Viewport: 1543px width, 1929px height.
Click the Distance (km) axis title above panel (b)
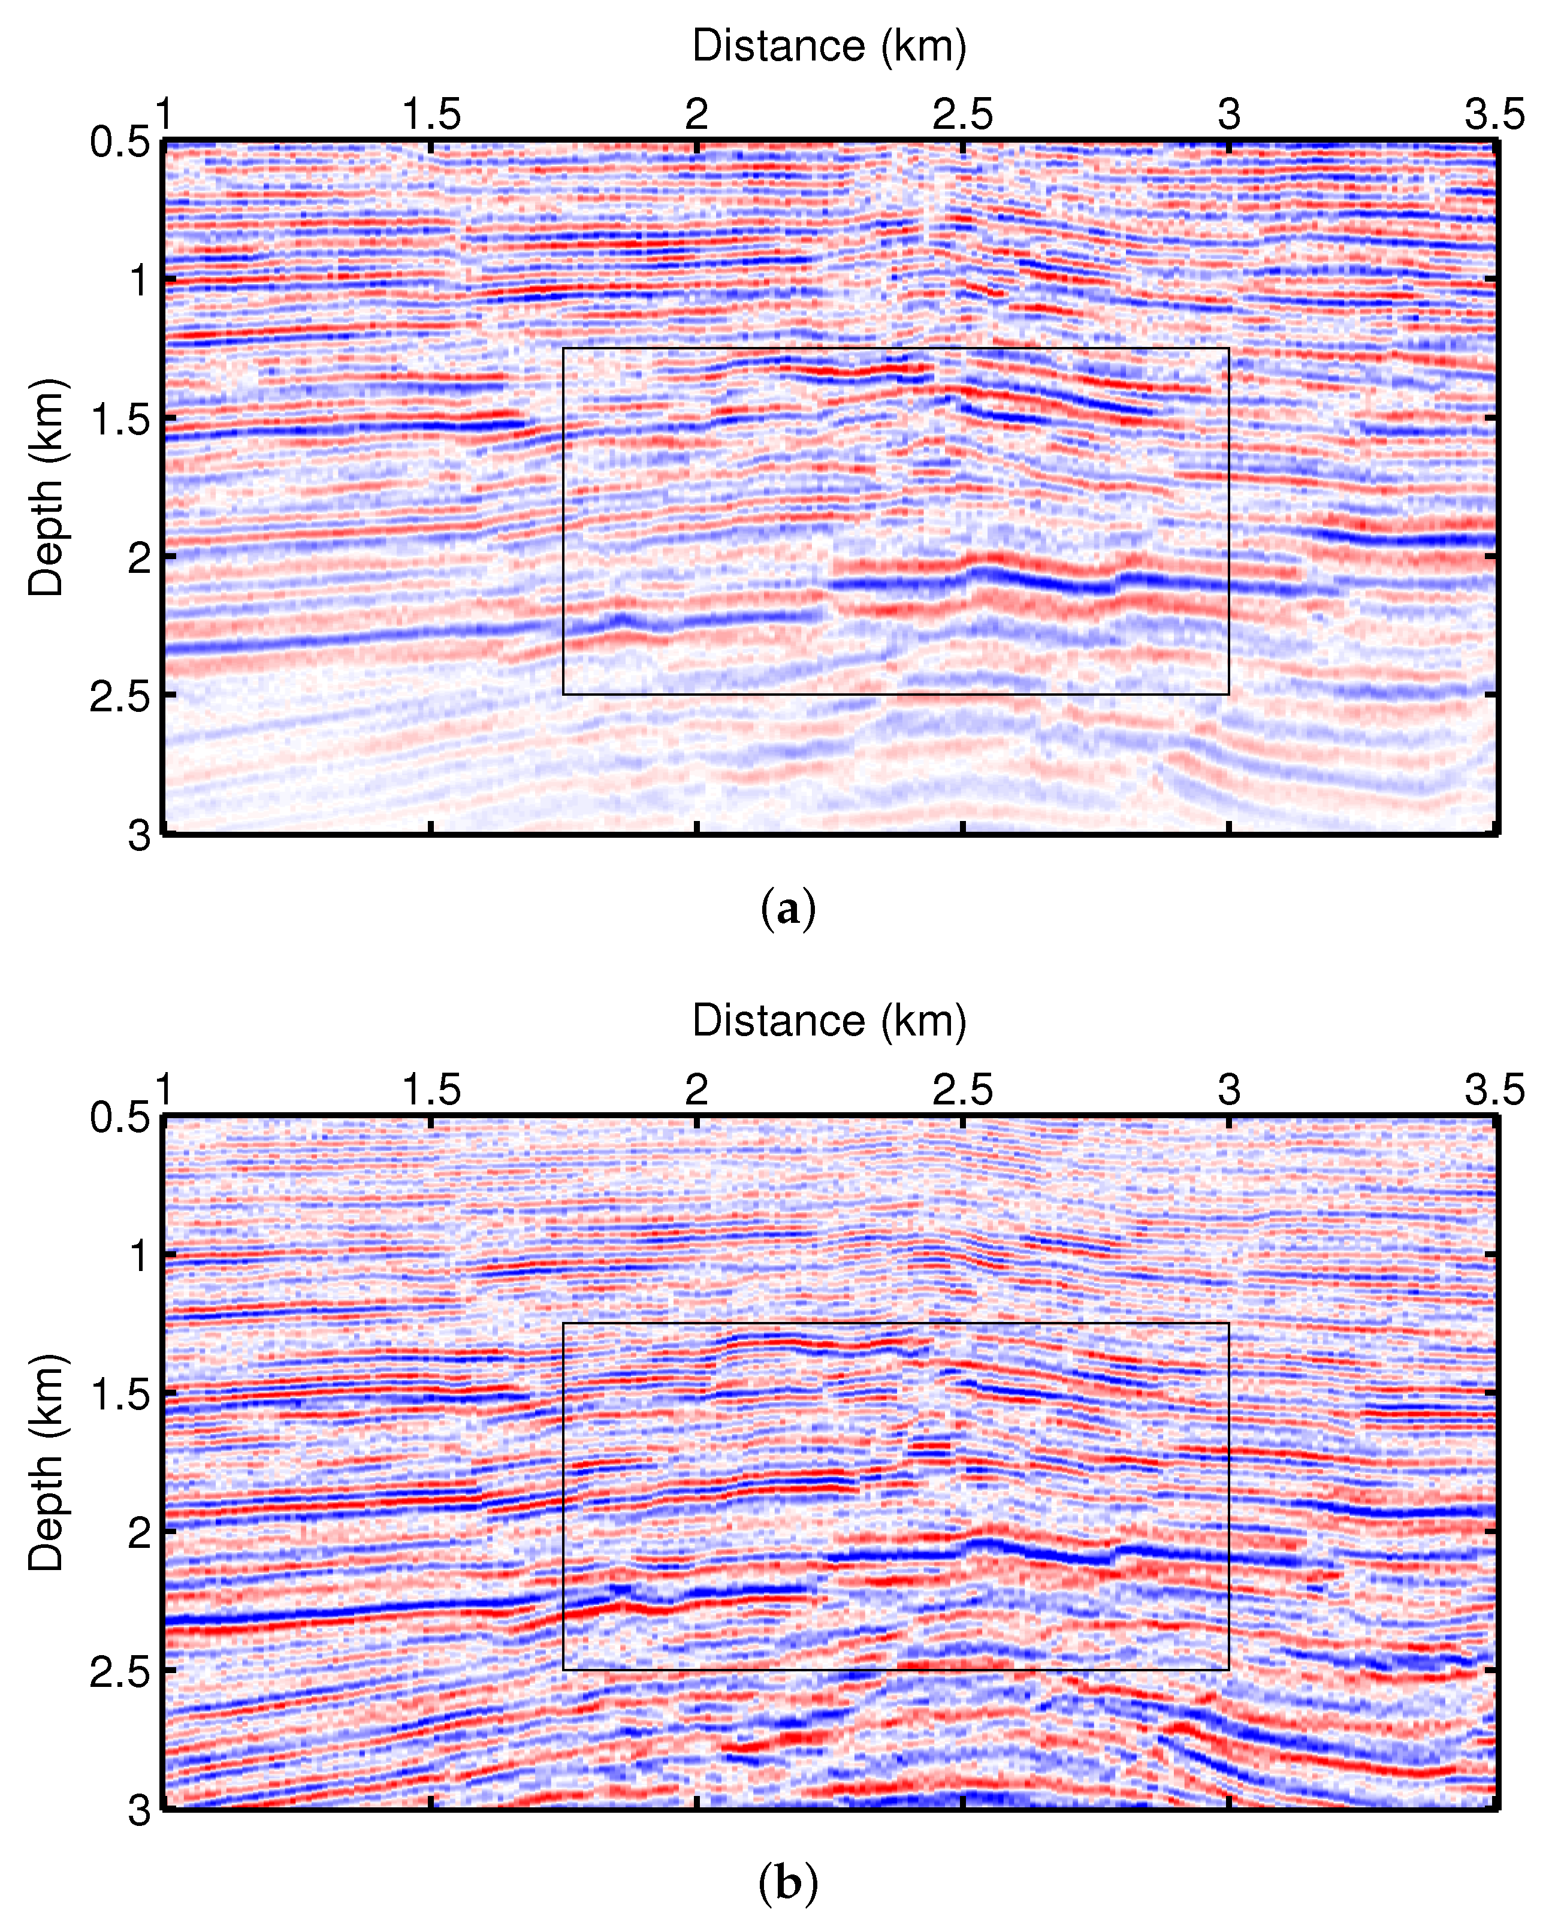point(829,1021)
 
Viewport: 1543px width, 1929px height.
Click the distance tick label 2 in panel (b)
point(697,1090)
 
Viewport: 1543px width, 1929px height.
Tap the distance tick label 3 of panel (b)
point(1229,1090)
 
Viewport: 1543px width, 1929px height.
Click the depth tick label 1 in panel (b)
point(138,1256)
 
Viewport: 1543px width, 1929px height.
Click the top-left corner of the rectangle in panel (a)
point(563,348)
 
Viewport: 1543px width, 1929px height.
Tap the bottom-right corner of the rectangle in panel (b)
point(1229,1670)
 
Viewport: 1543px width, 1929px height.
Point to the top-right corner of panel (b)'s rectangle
point(1229,1323)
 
